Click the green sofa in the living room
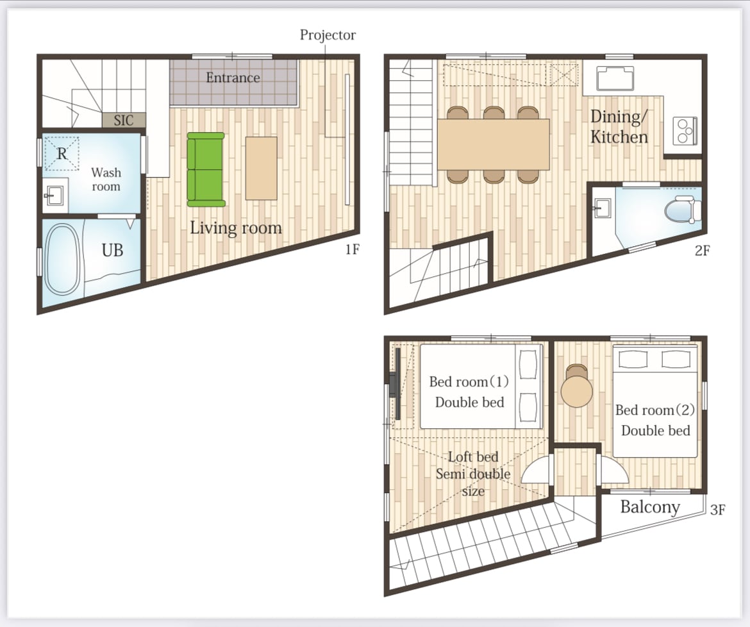[x=206, y=169]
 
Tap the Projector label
[x=328, y=35]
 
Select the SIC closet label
[x=124, y=120]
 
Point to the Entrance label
[x=233, y=78]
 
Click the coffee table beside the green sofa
[x=261, y=168]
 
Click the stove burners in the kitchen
[x=685, y=130]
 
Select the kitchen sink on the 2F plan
[x=615, y=78]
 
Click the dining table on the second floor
[x=493, y=144]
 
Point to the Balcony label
[x=650, y=507]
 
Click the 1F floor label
[x=352, y=249]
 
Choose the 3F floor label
[x=717, y=510]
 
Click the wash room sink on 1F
[x=54, y=196]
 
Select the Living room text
[x=236, y=228]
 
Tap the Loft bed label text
[x=473, y=456]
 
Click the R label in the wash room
[x=62, y=154]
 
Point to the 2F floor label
[x=702, y=250]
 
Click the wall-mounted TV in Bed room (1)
[x=394, y=383]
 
